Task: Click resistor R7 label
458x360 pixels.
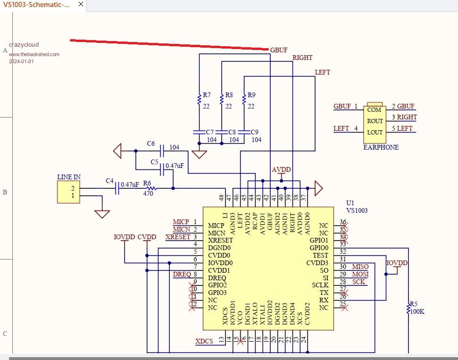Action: [x=207, y=95]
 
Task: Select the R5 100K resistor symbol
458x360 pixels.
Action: [x=408, y=308]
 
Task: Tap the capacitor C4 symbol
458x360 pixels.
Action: [x=117, y=189]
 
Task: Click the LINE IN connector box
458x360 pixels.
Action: [x=68, y=192]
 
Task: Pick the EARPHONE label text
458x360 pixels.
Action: [x=381, y=147]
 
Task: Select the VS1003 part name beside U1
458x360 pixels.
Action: [x=357, y=211]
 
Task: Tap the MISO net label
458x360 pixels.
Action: [x=360, y=267]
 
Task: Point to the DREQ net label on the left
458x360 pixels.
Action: [x=182, y=274]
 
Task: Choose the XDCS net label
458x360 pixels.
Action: [x=204, y=341]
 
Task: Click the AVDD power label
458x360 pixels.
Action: [x=281, y=170]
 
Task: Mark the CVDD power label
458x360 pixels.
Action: [x=147, y=237]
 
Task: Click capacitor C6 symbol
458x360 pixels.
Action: [x=162, y=151]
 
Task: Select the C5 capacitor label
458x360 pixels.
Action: [x=154, y=162]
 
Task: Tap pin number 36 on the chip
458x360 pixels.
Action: [x=343, y=222]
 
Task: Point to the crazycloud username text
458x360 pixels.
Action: [x=24, y=45]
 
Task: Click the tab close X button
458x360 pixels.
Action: [x=81, y=4]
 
